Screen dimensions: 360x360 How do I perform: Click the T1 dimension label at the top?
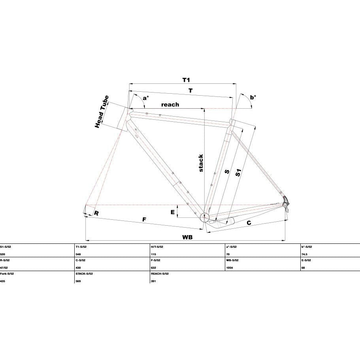tap(186, 80)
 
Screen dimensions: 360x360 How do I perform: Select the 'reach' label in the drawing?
tap(170, 105)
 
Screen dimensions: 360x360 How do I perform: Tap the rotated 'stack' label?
tap(201, 163)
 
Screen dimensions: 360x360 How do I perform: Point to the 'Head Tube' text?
tap(102, 112)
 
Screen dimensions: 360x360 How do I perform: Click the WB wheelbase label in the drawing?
tap(187, 237)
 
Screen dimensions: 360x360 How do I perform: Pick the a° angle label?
tap(146, 98)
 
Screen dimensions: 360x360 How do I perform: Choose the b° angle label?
tap(253, 97)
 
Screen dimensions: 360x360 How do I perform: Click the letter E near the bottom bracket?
tap(173, 212)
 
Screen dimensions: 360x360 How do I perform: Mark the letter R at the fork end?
tap(96, 213)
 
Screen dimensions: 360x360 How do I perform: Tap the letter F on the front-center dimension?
tap(144, 219)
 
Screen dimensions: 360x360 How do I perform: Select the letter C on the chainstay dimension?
tap(249, 223)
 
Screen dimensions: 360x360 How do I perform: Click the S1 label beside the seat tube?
tap(238, 173)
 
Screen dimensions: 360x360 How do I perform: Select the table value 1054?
tap(229, 268)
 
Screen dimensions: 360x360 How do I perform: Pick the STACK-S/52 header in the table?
tap(84, 274)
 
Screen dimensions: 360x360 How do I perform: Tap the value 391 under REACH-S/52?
tap(154, 281)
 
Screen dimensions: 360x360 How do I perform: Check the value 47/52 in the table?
tap(4, 268)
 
